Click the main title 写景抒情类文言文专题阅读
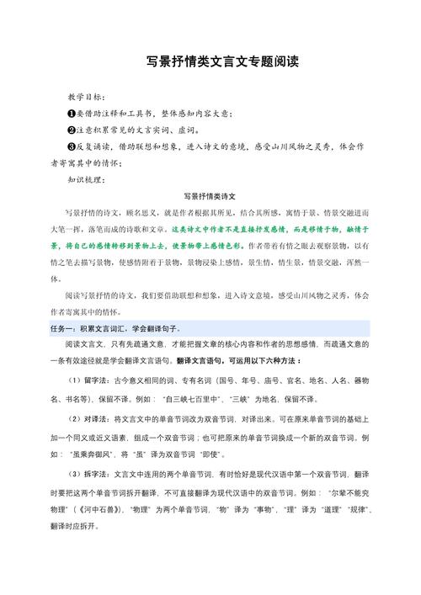click(210, 63)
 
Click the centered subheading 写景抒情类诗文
click(210, 195)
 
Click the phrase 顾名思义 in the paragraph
click(143, 211)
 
